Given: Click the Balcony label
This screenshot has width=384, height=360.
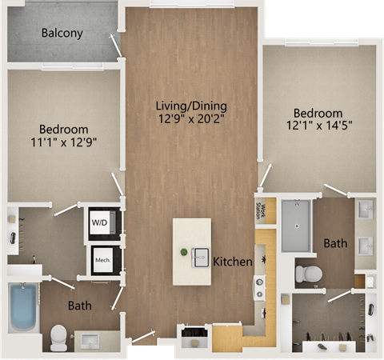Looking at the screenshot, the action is point(62,33).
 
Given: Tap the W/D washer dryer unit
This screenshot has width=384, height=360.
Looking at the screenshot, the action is point(102,222).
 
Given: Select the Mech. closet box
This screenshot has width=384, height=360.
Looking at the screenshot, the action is point(103,260).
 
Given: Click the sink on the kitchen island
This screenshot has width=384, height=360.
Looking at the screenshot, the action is point(200,258).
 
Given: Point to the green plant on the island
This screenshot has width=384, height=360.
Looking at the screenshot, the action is point(184,252).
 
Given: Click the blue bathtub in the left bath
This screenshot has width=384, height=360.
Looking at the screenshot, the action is point(23,307).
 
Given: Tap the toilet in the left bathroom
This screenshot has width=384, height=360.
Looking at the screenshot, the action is point(58,338).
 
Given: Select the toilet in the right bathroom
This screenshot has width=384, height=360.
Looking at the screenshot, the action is point(309,274).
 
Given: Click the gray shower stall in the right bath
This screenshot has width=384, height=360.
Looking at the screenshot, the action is point(296,226).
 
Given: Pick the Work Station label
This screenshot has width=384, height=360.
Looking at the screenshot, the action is point(261,211).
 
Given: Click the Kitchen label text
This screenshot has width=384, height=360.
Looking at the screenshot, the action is point(233,262).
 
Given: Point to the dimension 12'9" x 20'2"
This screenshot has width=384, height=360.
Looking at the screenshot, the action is point(191,118).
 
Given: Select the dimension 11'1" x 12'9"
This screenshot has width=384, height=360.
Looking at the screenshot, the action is point(64,142).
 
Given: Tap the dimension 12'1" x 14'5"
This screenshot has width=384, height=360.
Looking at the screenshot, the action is point(319,125).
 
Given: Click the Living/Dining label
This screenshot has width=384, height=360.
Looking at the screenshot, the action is point(191,106).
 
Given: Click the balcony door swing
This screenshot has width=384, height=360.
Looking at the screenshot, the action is point(116,46).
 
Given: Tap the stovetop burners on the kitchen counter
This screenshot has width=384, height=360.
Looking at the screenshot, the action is point(259,287).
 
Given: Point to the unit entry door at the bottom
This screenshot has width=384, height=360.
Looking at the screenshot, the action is point(143,336).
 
